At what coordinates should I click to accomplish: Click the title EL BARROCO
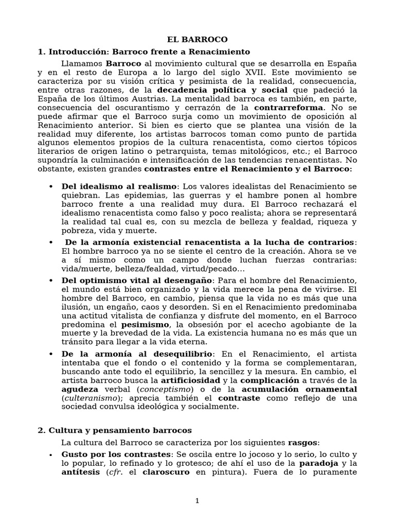tap(197, 40)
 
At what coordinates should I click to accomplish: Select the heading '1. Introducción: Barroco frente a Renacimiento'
tap(143, 51)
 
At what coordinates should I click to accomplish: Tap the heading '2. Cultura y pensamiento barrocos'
tap(114, 430)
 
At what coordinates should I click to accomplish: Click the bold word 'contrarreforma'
tap(289, 108)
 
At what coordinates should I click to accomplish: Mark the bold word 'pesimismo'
tap(145, 325)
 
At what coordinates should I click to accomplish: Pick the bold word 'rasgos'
tap(303, 442)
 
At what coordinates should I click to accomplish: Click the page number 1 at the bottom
tap(197, 501)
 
